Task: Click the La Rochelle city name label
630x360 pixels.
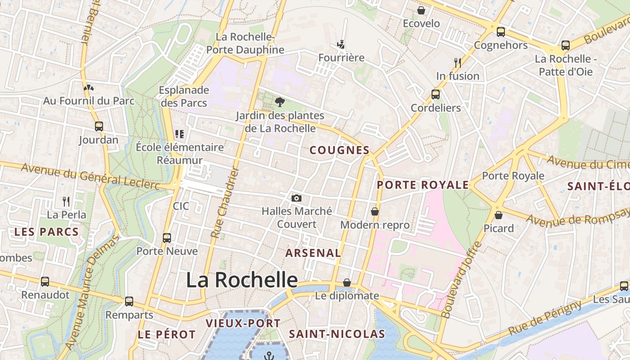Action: pos(242,280)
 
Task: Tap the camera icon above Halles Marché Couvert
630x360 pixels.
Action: pos(296,198)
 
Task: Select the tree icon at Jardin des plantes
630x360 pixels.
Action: pos(280,102)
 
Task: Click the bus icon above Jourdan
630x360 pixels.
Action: pos(99,126)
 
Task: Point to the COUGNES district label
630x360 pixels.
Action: pos(340,150)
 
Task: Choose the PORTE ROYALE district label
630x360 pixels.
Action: pos(423,185)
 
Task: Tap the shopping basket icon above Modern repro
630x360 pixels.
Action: pos(375,211)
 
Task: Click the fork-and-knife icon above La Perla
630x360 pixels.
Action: pos(66,201)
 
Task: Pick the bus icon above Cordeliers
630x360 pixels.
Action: pos(436,94)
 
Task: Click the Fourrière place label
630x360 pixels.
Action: pos(341,58)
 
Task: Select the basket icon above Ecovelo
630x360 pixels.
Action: pos(421,10)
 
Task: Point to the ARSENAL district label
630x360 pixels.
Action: pos(313,253)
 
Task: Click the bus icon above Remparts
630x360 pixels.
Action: pos(129,301)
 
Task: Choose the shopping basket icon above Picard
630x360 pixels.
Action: pos(498,215)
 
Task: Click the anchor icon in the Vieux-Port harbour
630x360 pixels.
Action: pos(269,356)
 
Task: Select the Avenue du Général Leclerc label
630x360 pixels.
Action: pos(90,176)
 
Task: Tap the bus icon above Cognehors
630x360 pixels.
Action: pos(500,32)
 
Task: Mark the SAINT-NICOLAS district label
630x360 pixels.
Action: pos(337,334)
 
